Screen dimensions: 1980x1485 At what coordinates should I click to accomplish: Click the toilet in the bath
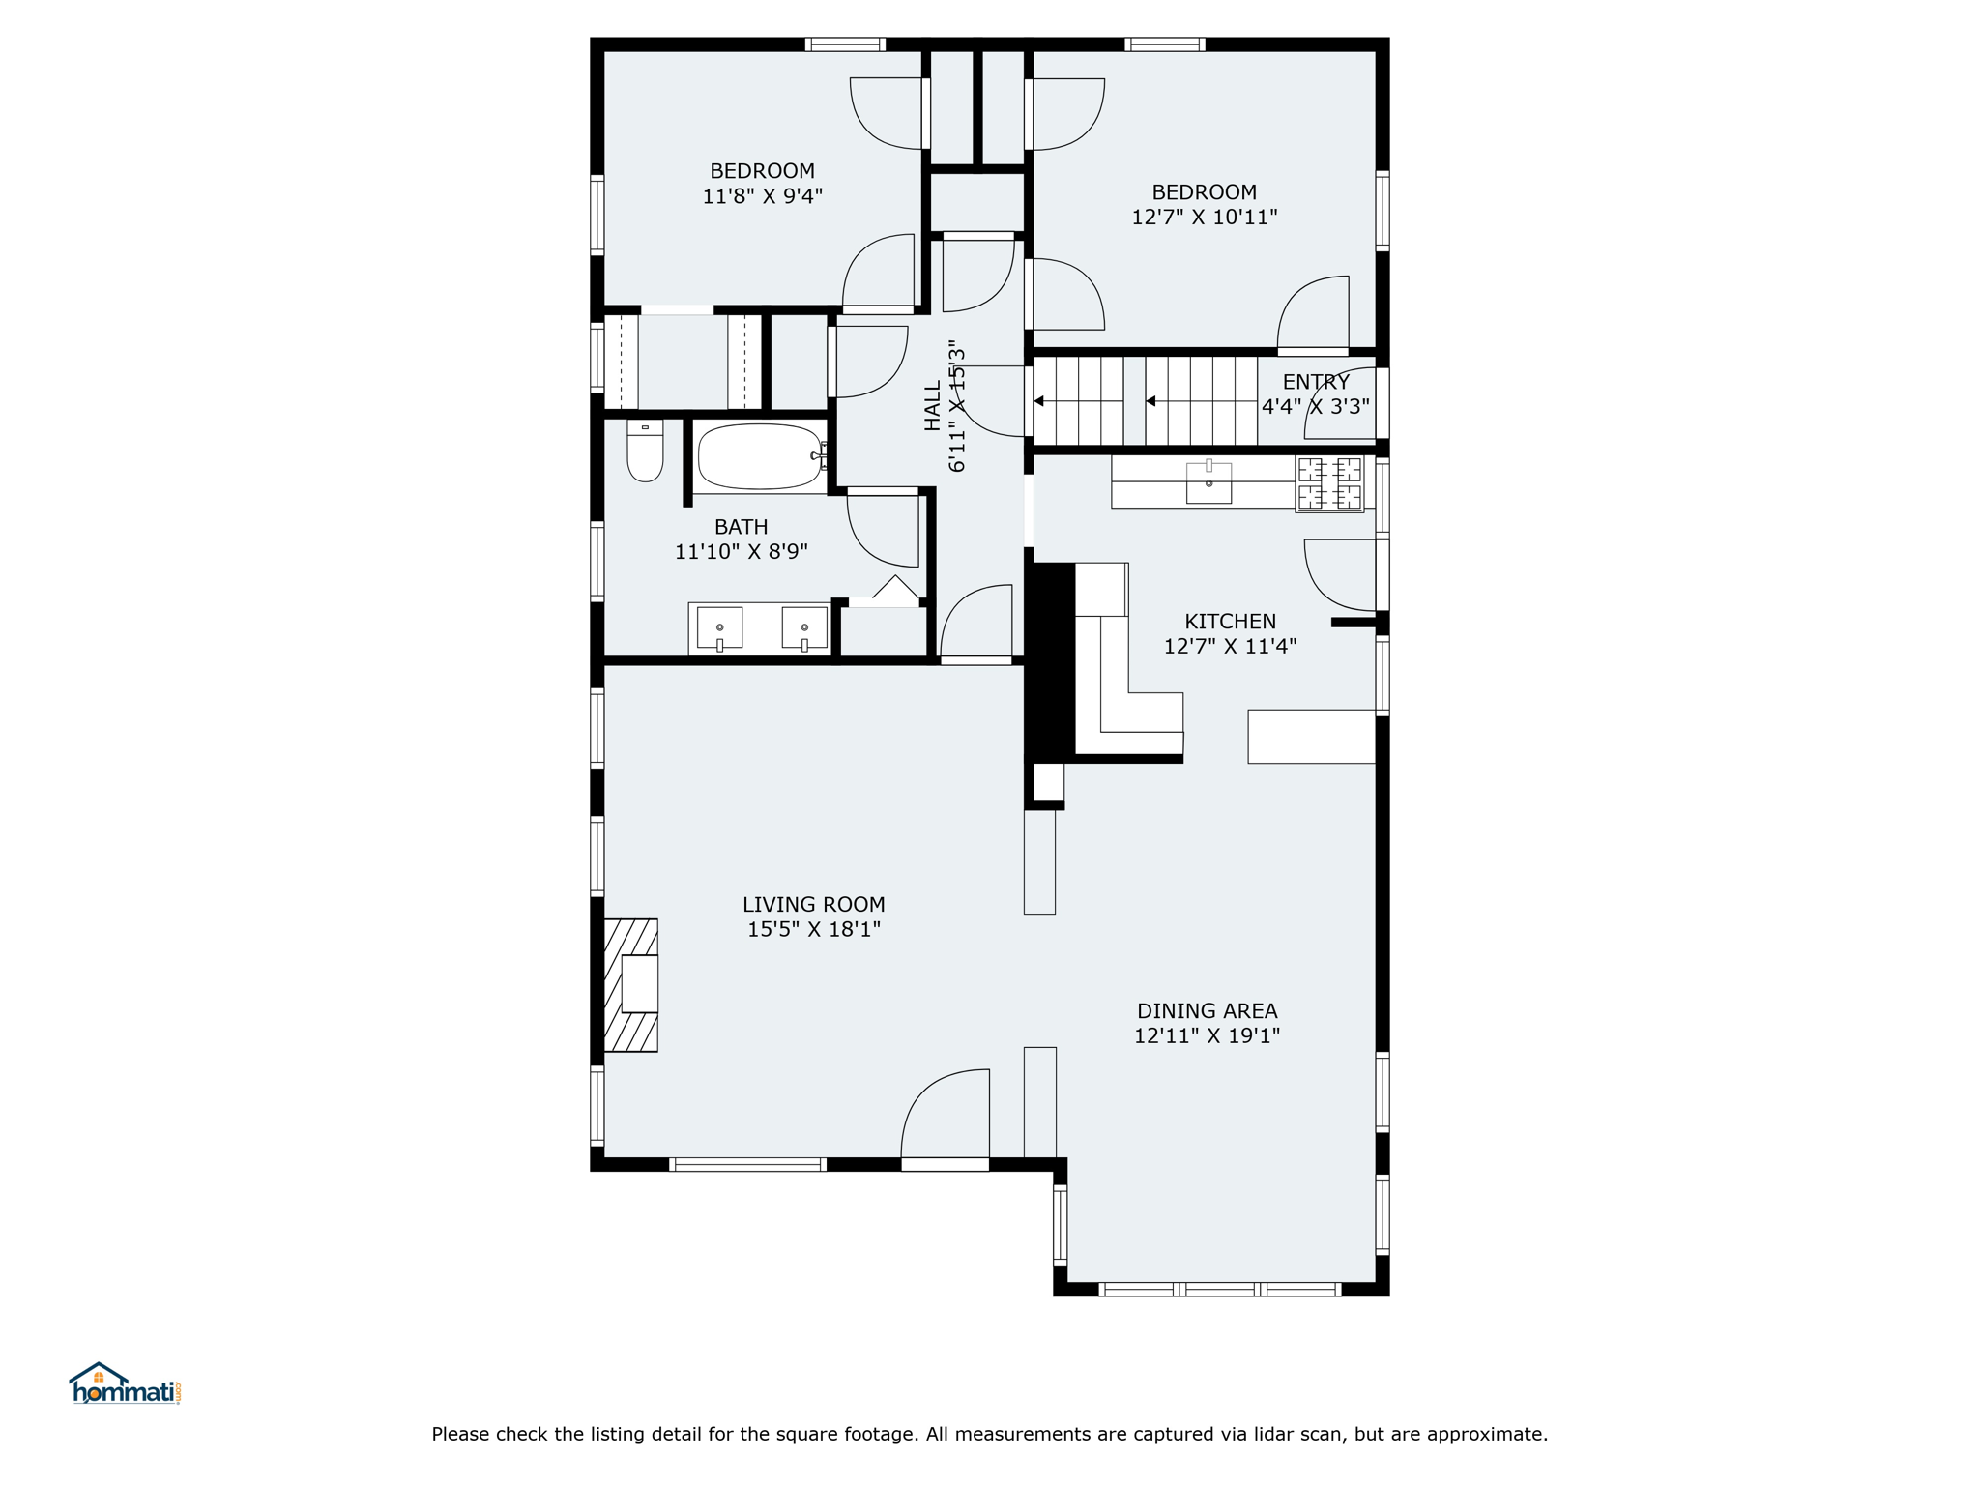point(645,451)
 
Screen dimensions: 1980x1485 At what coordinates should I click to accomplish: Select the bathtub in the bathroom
point(761,457)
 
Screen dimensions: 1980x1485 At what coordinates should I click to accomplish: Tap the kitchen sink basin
point(1208,482)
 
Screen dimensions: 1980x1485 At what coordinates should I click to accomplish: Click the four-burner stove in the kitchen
point(1329,483)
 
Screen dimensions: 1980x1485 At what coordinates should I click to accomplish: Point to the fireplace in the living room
point(631,985)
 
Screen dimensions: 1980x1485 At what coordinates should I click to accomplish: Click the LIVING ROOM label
point(814,905)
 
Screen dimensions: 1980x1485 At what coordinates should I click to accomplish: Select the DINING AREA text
point(1208,1011)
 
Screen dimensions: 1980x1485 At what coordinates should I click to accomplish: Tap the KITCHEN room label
point(1231,622)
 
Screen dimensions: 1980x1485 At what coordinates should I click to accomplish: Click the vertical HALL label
point(933,406)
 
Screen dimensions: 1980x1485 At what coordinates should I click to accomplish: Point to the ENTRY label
point(1316,382)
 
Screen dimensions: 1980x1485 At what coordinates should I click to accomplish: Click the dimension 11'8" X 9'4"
point(763,196)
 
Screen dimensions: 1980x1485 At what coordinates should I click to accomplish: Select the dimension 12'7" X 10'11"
point(1205,218)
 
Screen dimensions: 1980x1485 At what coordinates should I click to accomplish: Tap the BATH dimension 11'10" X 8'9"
point(742,552)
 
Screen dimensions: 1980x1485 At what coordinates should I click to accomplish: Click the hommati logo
point(125,1383)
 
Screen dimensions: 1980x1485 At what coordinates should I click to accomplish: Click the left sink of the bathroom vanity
point(720,628)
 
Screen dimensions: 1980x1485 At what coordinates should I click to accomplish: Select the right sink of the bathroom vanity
point(804,628)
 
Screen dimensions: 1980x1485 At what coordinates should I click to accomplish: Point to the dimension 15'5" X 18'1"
point(814,930)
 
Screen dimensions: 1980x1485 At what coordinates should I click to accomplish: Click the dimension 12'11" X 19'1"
point(1208,1036)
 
